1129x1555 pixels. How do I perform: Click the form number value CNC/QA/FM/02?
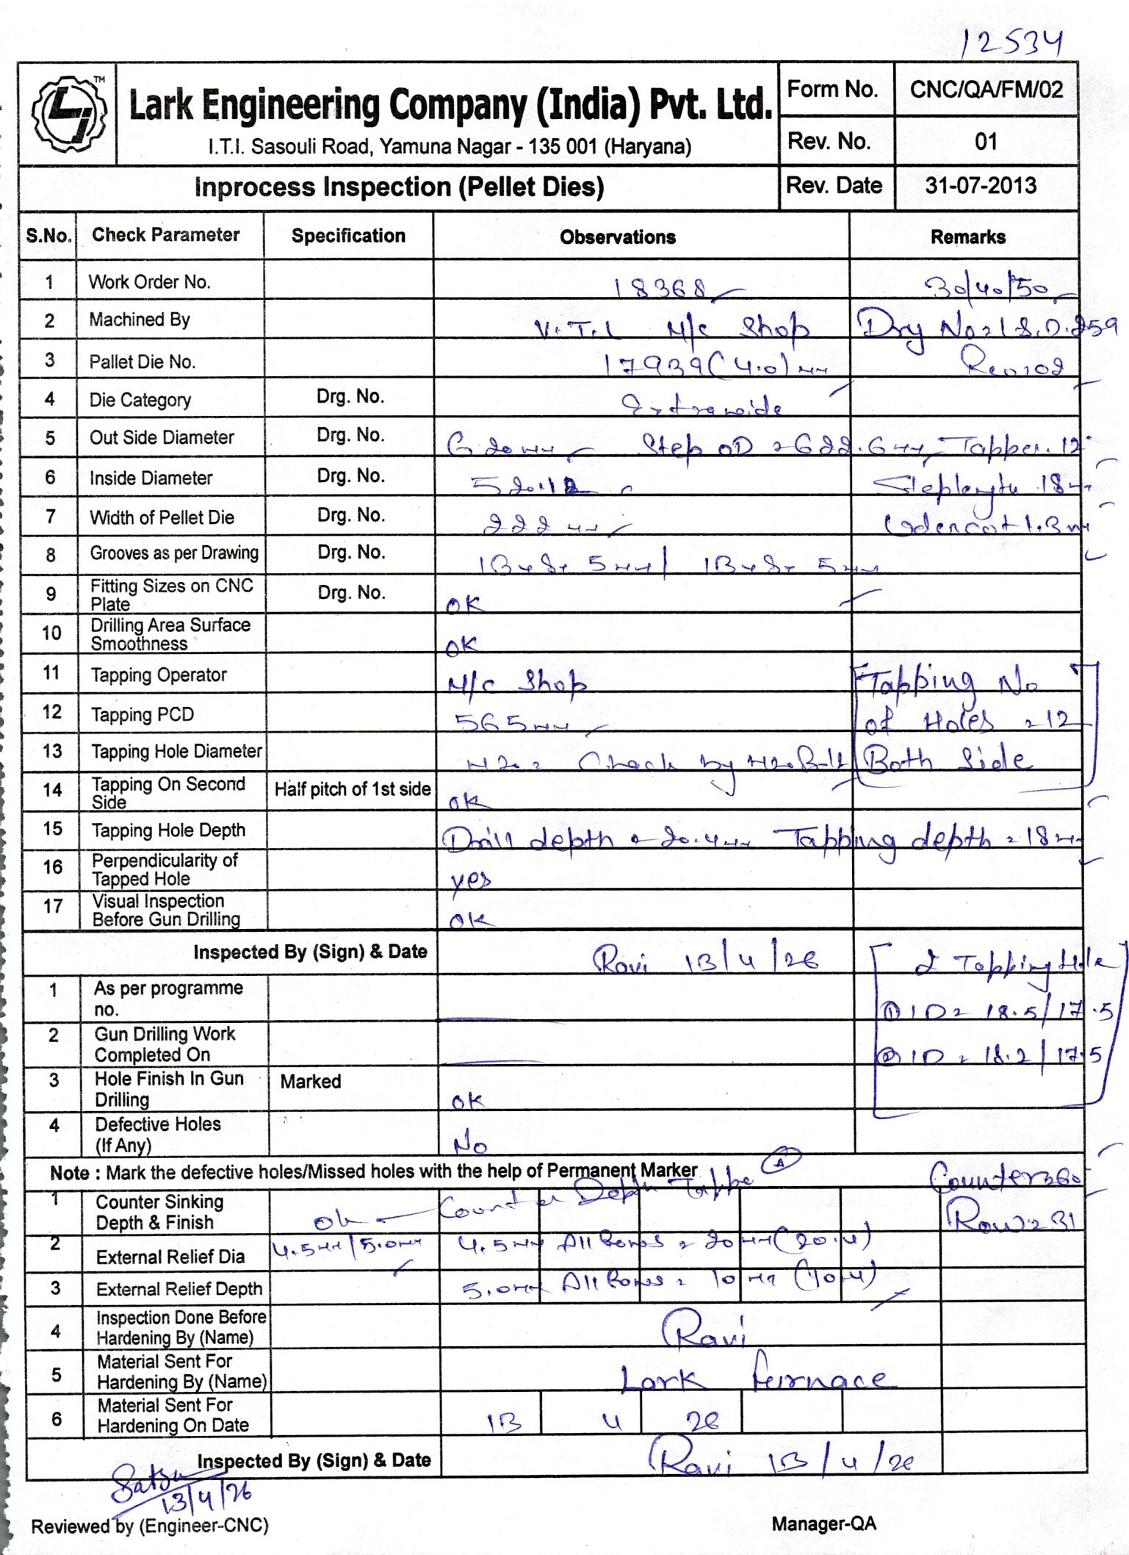pos(986,90)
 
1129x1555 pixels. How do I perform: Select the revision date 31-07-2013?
pos(981,185)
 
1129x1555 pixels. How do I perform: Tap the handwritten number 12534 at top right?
pos(1011,44)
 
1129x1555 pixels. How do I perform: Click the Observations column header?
pos(618,237)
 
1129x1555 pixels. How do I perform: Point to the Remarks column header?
pos(967,237)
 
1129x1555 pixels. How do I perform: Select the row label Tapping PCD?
pos(142,715)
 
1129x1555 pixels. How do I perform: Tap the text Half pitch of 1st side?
pos(352,789)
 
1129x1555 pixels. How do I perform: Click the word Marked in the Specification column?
pos(311,1082)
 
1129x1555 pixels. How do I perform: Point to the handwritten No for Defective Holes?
pos(471,1145)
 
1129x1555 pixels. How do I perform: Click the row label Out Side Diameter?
pos(162,438)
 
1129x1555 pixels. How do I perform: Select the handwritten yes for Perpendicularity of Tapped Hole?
pos(470,879)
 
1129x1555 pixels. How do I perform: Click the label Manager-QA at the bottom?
pos(823,1524)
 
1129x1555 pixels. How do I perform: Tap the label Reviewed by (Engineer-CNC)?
pos(150,1526)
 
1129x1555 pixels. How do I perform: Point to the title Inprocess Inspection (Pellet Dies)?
pos(399,187)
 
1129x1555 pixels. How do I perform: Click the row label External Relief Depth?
pos(179,1289)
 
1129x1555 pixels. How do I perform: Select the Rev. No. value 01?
pos(986,141)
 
